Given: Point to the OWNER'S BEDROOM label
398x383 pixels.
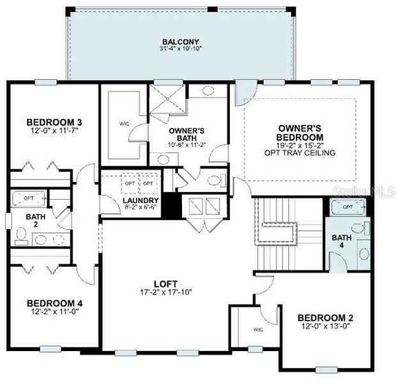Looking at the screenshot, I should click(299, 133).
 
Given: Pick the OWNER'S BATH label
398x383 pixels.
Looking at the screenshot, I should click(187, 135).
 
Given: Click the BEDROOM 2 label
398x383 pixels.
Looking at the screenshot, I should click(325, 318).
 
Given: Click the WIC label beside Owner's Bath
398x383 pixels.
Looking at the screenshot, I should click(124, 123).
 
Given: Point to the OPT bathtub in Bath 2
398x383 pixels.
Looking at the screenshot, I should click(29, 198).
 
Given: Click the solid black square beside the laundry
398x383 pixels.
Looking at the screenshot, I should click(170, 206).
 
